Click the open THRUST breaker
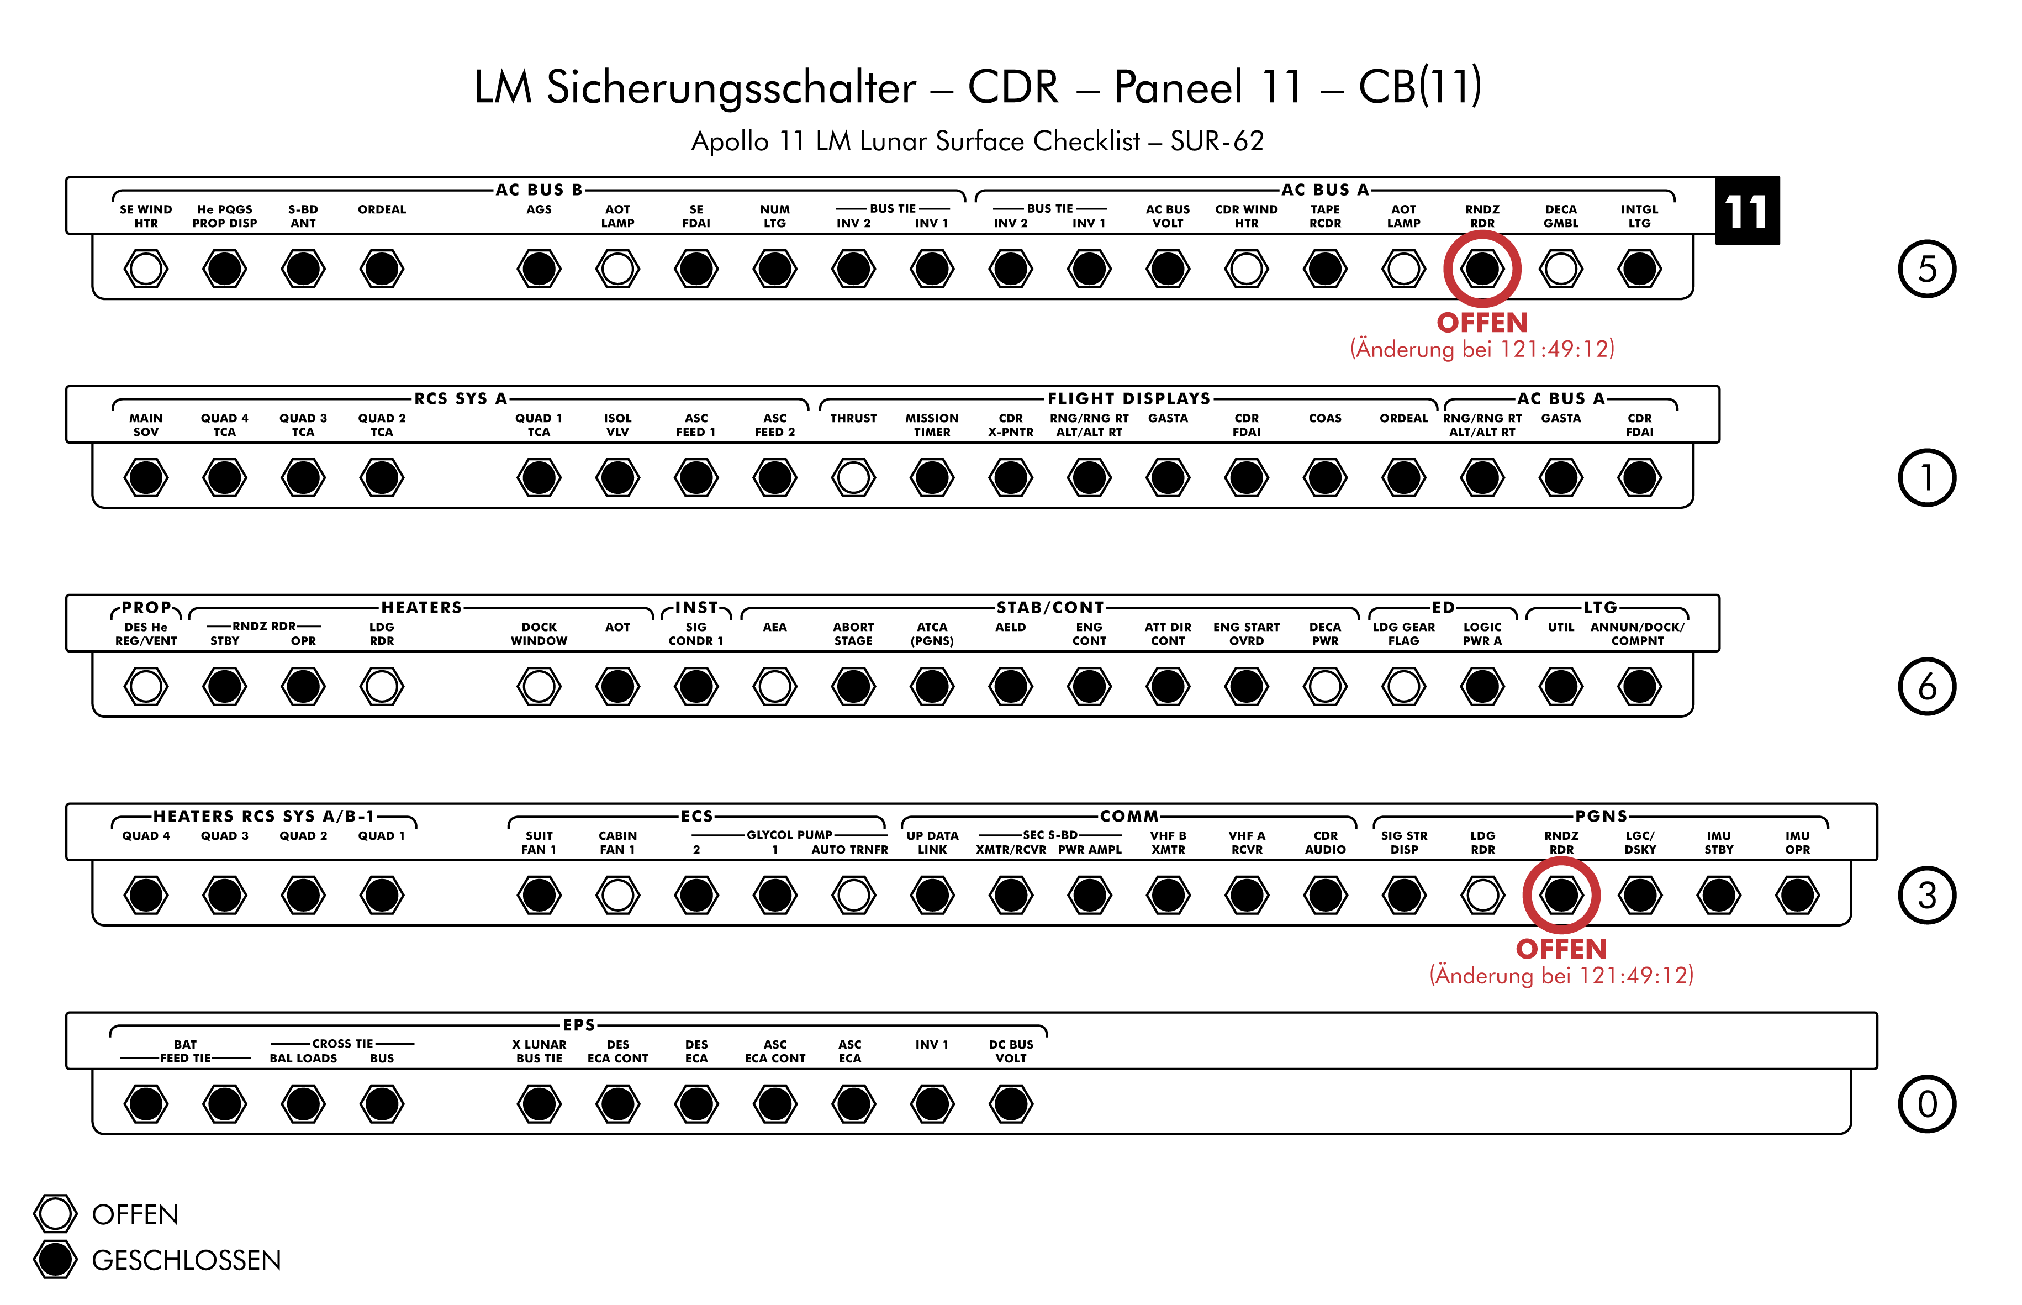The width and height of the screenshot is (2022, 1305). [853, 477]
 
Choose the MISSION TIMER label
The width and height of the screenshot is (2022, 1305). [932, 424]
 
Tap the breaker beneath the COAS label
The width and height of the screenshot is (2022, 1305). [1325, 477]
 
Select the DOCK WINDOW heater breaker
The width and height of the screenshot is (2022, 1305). [539, 686]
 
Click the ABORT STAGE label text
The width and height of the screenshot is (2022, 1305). [853, 634]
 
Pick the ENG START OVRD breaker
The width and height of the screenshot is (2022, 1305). [1246, 686]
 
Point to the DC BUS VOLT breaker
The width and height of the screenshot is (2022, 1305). [1011, 1103]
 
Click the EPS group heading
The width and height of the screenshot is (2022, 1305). [579, 1024]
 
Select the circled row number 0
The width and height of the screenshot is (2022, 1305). [1926, 1103]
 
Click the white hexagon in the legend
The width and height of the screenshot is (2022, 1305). [55, 1213]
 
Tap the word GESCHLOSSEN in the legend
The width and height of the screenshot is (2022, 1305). [186, 1260]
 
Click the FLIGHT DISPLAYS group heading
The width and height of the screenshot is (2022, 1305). [1128, 398]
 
